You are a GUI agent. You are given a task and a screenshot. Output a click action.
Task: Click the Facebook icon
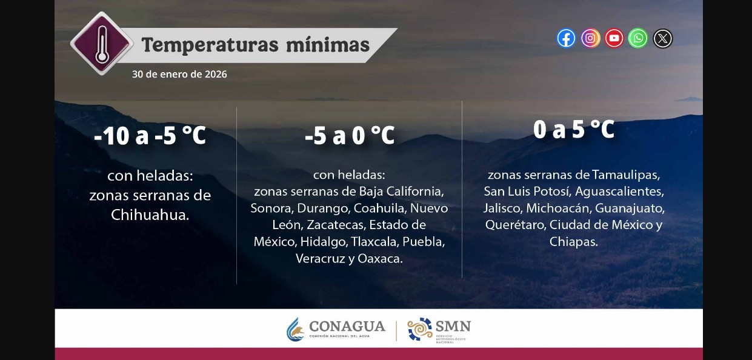tap(566, 38)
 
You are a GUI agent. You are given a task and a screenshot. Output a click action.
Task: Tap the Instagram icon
tap(590, 38)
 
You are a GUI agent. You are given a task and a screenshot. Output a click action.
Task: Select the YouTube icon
tap(614, 38)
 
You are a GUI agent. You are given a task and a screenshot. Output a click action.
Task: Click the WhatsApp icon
tap(638, 38)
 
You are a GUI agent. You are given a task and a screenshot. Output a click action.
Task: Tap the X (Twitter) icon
tap(663, 39)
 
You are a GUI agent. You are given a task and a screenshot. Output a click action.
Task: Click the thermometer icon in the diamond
tap(101, 43)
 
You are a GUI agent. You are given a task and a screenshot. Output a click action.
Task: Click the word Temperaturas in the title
tap(206, 45)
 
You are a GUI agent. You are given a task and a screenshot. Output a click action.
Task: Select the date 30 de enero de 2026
tap(179, 74)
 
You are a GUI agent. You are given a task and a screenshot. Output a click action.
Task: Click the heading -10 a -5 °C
tap(150, 136)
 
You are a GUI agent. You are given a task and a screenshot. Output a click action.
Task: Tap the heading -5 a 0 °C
tap(350, 136)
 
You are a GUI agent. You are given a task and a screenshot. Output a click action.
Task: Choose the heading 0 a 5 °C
tap(574, 129)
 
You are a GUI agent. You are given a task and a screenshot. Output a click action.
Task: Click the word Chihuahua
tap(150, 215)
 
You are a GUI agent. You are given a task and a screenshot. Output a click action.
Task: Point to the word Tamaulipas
tap(625, 175)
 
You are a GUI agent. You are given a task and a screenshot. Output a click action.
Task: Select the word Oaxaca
tap(380, 258)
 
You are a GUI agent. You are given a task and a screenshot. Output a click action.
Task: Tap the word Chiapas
tap(573, 241)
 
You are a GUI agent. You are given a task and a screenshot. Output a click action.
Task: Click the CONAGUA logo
tap(336, 329)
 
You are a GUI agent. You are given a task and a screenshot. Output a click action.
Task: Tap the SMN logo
tap(439, 329)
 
